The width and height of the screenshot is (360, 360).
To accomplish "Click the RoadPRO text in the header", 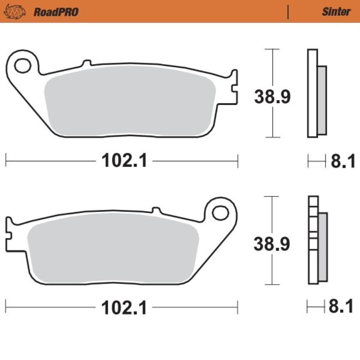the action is click(x=56, y=12).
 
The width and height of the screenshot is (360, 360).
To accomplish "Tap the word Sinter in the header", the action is click(x=336, y=12).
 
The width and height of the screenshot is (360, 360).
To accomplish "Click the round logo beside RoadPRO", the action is click(x=15, y=12).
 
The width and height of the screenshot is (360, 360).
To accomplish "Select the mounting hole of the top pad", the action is click(x=22, y=66).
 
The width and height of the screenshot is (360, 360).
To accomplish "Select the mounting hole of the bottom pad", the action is click(x=220, y=213).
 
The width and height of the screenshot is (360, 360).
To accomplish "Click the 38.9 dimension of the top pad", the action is click(x=272, y=96).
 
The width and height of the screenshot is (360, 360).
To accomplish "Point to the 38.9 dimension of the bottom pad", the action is click(x=271, y=244).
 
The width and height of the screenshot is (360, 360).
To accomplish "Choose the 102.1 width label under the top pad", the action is click(x=124, y=161).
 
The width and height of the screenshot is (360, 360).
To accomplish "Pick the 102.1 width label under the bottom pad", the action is click(x=124, y=308).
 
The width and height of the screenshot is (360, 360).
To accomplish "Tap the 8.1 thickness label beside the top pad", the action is click(x=343, y=161).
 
